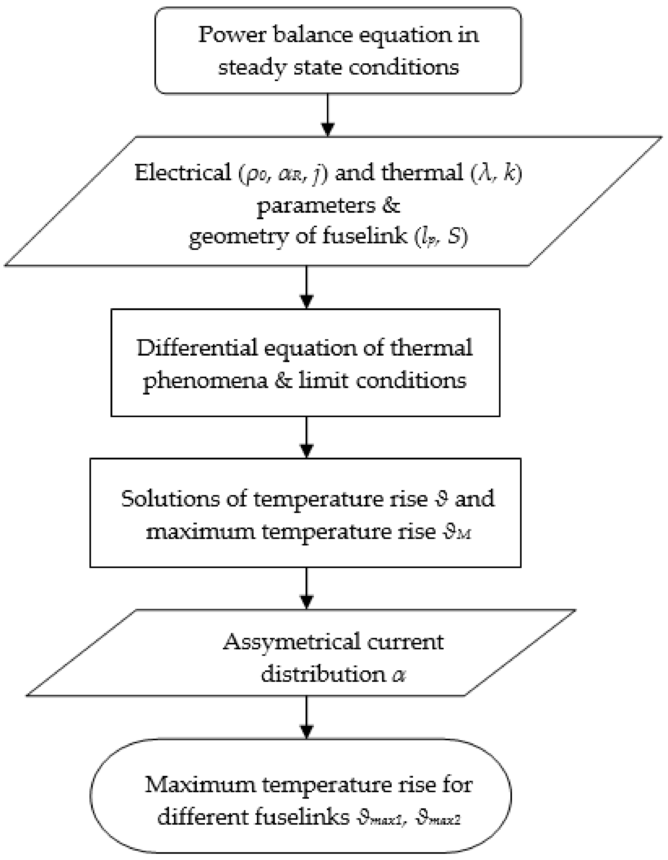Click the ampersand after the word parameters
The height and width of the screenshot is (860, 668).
pos(391,205)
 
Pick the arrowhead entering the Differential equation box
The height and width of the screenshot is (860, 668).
pos(307,301)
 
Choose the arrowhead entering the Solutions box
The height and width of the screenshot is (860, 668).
pos(307,450)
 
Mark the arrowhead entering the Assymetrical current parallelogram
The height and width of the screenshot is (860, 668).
pos(307,601)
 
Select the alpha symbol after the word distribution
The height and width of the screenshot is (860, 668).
pos(399,675)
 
